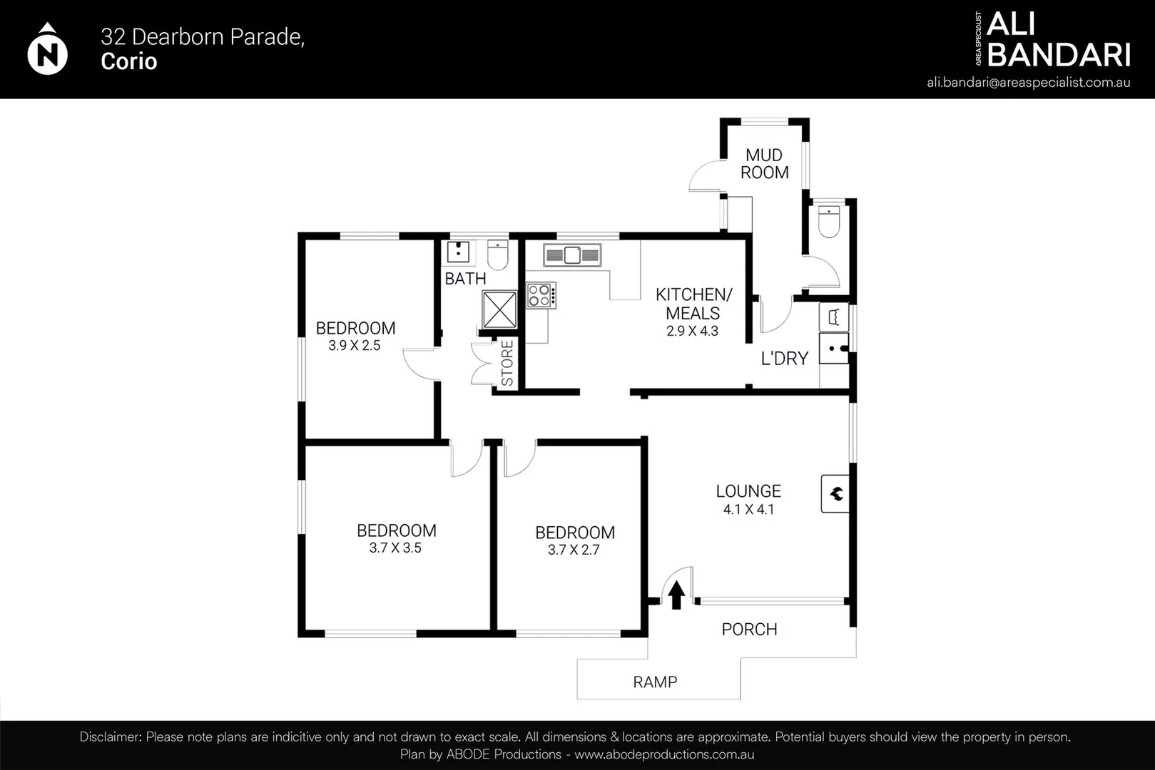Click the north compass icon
[47, 50]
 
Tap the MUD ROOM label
[764, 164]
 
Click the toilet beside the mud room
[829, 221]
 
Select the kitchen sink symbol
[572, 255]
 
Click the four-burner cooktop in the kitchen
[540, 295]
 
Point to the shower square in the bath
[499, 309]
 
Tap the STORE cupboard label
[507, 363]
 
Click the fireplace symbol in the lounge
[835, 493]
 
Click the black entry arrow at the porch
[676, 595]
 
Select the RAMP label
[655, 682]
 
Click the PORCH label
[749, 630]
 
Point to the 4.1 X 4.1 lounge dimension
[748, 510]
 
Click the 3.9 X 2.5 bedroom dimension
[355, 346]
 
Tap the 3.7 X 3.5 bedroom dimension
[395, 548]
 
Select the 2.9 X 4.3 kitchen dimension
[692, 332]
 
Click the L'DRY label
[784, 359]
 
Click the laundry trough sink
[833, 349]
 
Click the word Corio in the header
[128, 61]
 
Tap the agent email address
[1028, 82]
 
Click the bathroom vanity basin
[458, 252]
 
